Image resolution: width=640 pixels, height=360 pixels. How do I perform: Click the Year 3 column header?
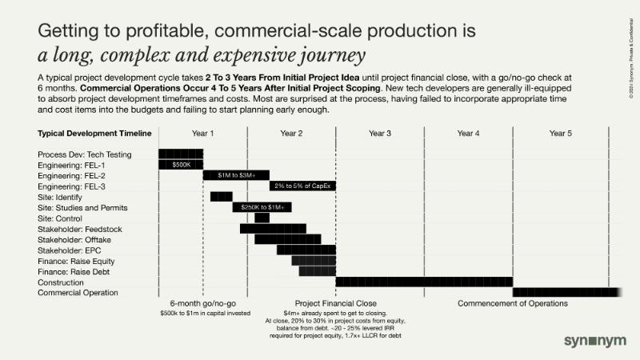coord(380,133)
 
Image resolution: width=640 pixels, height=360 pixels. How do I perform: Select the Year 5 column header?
coord(561,133)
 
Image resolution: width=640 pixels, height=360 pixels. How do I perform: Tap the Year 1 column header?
coord(203,133)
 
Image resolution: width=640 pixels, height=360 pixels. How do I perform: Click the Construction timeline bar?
coord(424,282)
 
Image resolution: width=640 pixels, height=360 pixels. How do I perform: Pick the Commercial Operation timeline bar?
coord(564,292)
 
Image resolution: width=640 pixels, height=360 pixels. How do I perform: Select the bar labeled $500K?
coord(181,164)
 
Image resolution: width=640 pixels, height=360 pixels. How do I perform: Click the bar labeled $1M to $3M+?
coord(236,174)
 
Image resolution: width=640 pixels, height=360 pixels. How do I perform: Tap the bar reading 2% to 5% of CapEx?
coord(302,186)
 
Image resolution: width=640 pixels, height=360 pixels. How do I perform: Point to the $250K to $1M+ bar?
coord(262,207)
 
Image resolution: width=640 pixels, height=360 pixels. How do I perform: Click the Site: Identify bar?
coord(222,196)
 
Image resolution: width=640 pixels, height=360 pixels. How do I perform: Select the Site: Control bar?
coord(262,218)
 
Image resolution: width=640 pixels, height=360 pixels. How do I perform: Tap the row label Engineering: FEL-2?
coord(72,175)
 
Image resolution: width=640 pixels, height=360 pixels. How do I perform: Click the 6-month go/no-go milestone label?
coord(202,303)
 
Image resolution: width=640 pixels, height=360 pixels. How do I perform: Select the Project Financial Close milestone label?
coord(335,303)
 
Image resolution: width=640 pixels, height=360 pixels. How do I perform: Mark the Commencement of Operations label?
coord(512,303)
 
